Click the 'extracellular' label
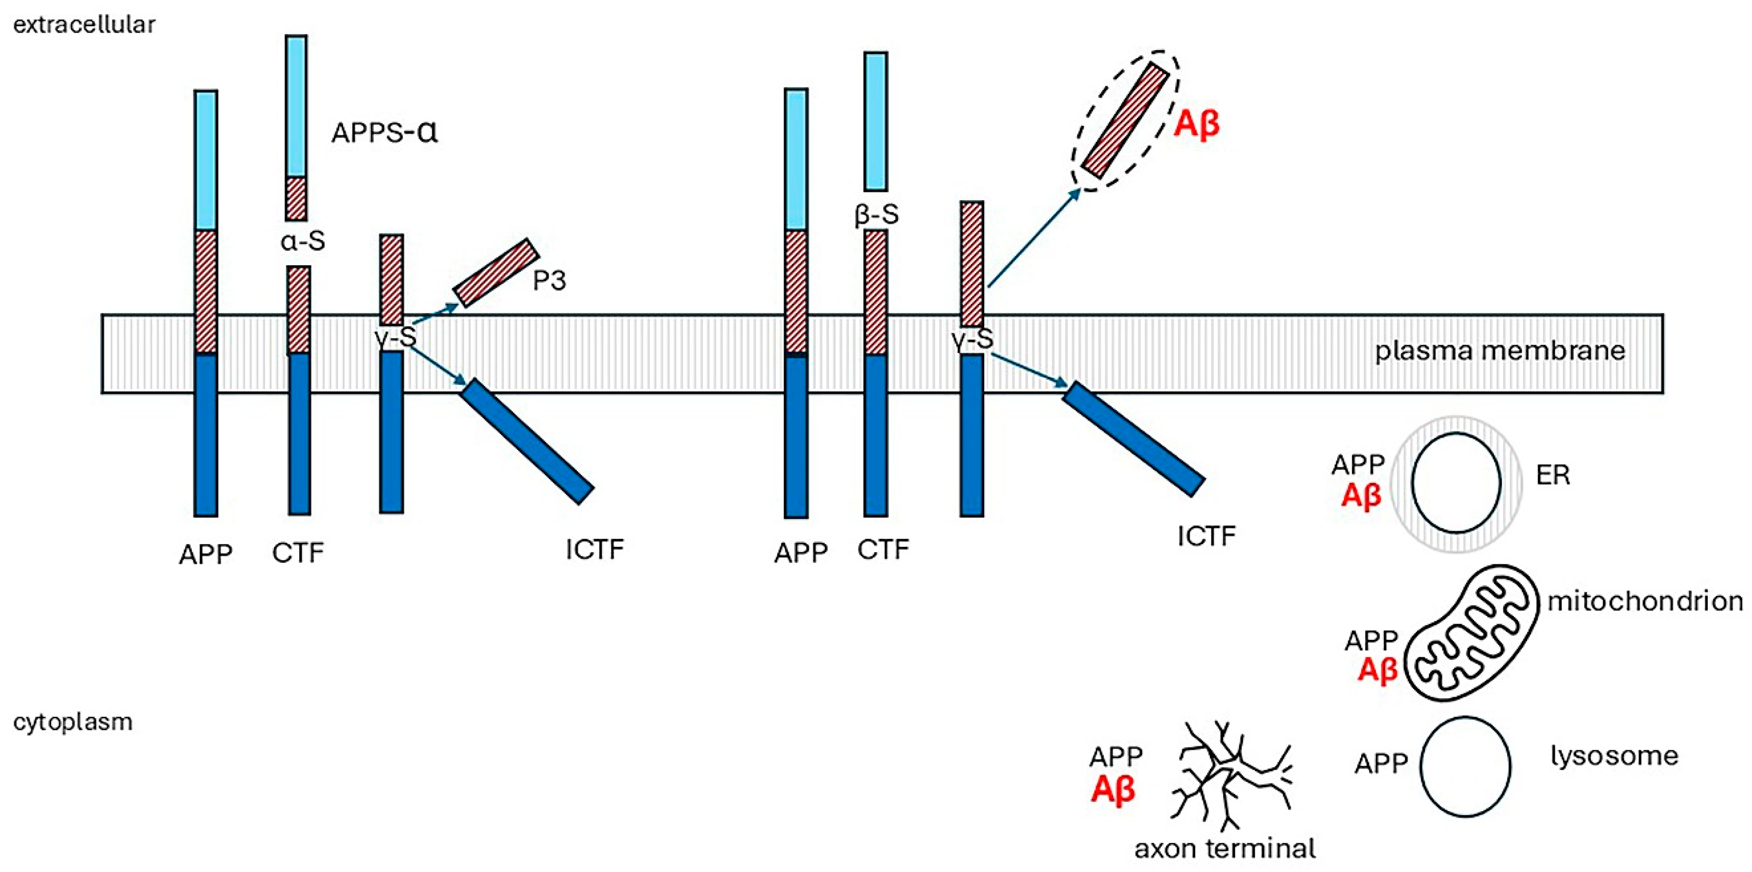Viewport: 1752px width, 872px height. tap(84, 25)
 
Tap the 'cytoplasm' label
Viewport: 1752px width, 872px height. tap(73, 722)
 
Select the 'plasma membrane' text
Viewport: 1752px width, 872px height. tap(1500, 351)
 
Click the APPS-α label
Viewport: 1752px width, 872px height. tap(384, 132)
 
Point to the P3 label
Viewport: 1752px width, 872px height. tap(549, 280)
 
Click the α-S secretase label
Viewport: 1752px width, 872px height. tap(303, 241)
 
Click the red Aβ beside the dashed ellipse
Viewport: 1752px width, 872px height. tap(1196, 125)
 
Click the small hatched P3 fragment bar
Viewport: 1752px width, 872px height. tap(496, 273)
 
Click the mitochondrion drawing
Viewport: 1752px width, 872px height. tap(1470, 632)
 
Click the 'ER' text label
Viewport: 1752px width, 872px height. tap(1553, 476)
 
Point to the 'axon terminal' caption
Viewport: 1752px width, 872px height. tap(1225, 849)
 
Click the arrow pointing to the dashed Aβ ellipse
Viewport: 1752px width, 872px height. tap(1034, 238)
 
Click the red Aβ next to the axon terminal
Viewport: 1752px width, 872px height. tap(1113, 790)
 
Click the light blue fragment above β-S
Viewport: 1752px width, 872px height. tap(876, 121)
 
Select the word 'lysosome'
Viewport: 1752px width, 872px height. tap(1614, 756)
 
